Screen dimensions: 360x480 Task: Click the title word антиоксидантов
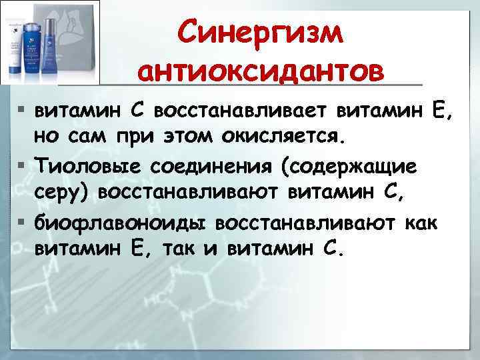(x=261, y=69)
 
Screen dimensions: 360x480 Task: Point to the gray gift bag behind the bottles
(x=80, y=27)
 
